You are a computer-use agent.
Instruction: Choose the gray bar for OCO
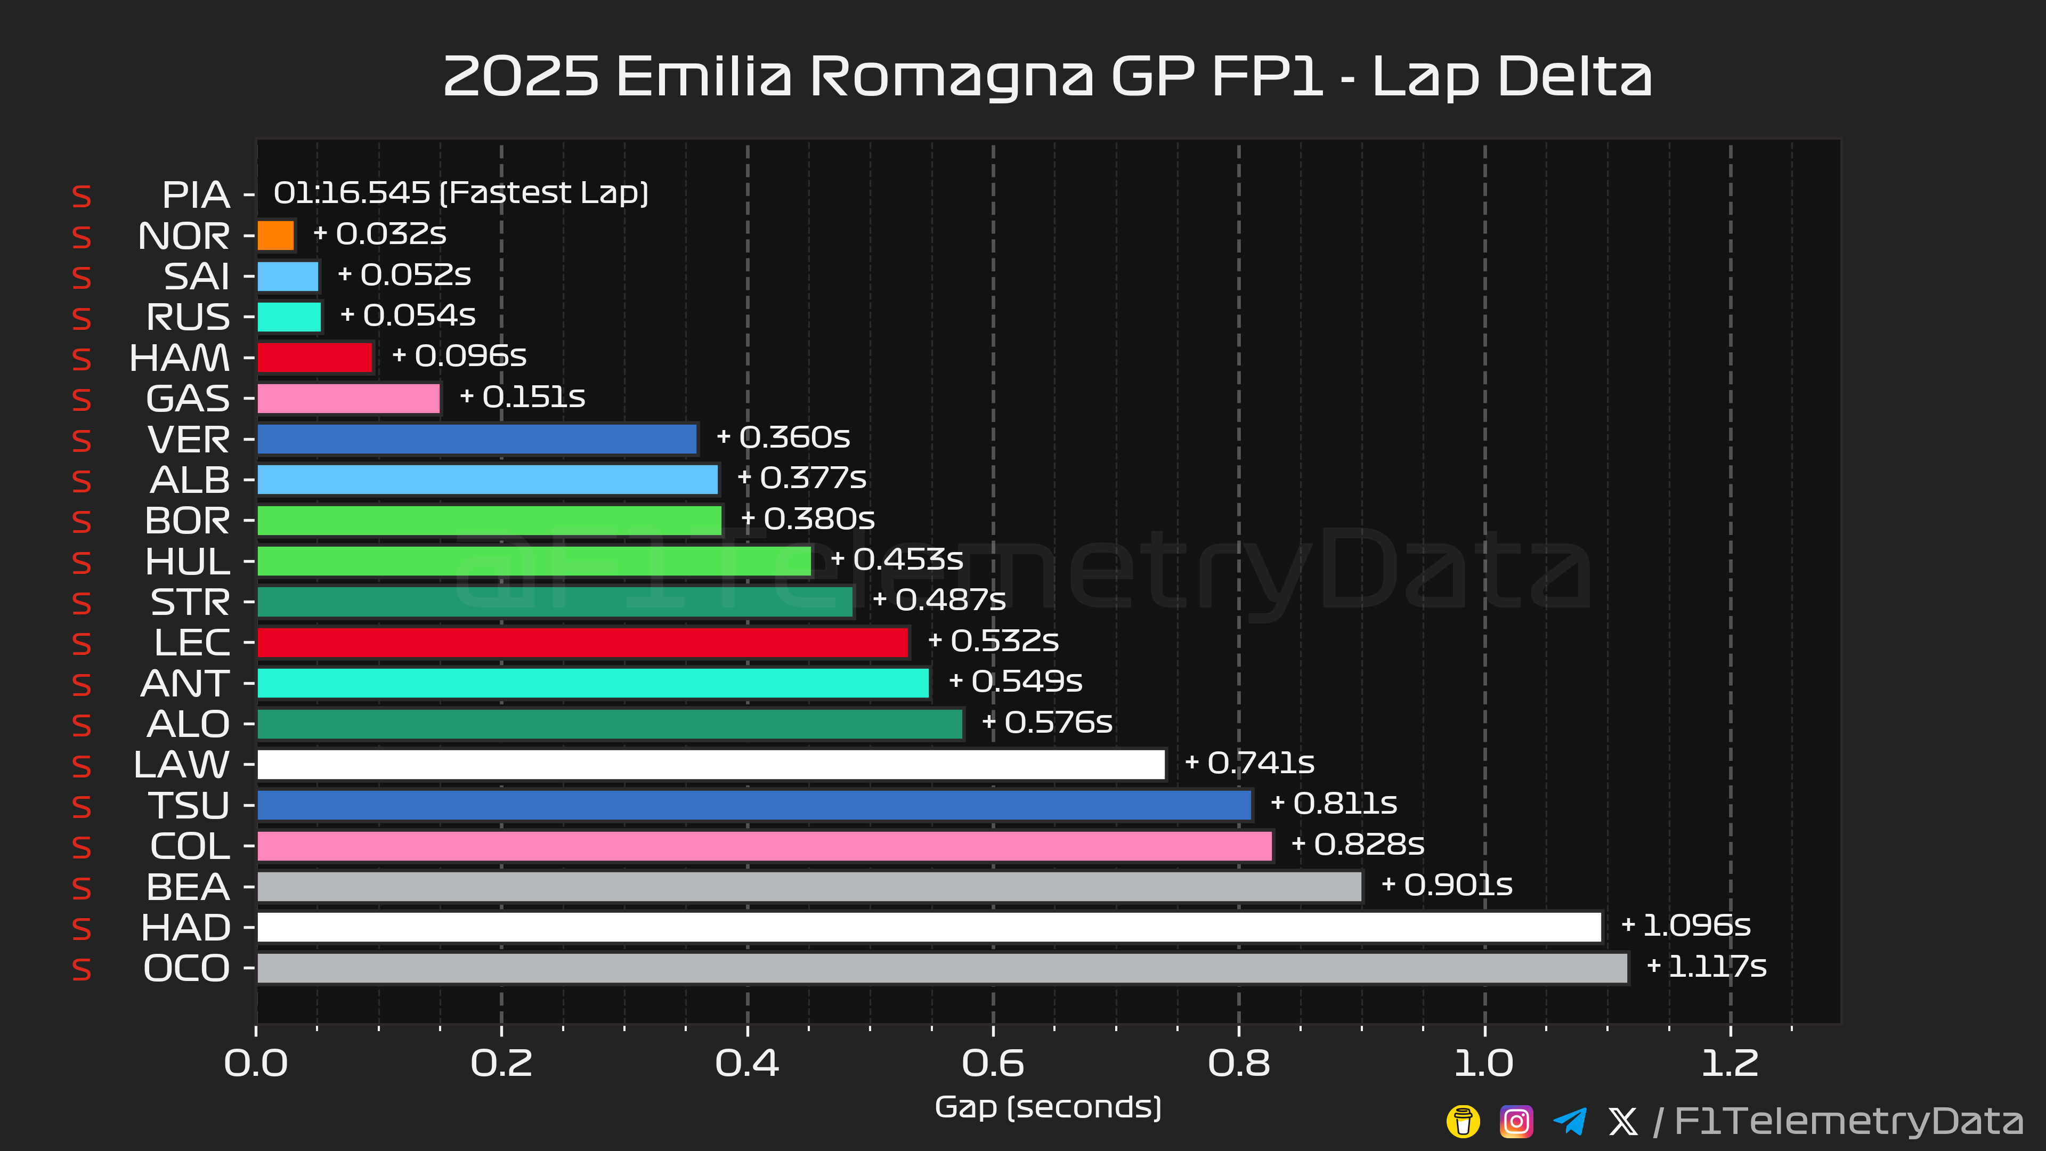click(943, 968)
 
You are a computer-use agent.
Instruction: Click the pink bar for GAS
click(348, 399)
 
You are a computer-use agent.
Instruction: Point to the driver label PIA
click(196, 194)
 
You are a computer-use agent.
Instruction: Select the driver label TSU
click(189, 806)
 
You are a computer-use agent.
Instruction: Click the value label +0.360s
click(783, 437)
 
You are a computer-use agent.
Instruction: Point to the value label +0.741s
click(1250, 763)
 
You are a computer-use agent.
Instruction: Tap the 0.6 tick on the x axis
click(993, 1063)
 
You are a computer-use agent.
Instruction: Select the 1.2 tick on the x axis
click(1730, 1063)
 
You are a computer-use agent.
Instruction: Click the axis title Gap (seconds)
click(1049, 1107)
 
